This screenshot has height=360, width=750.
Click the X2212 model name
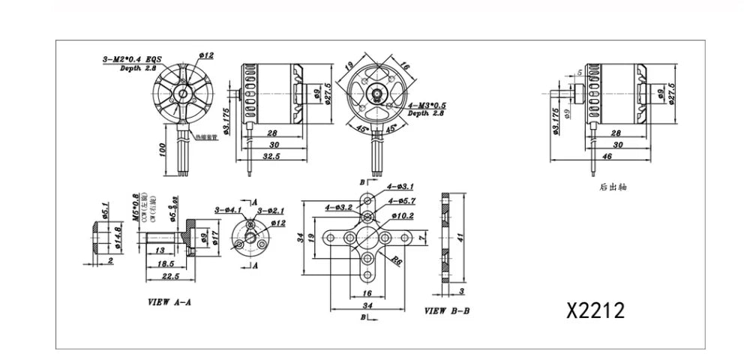(x=595, y=310)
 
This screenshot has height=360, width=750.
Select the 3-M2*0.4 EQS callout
(x=133, y=58)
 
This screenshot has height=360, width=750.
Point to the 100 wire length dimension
(x=162, y=149)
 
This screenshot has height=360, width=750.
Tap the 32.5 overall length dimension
(x=271, y=157)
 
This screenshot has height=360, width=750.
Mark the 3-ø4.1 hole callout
(x=226, y=210)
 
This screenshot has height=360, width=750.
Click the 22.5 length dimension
(x=169, y=275)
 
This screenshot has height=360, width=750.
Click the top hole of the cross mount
(x=367, y=200)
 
